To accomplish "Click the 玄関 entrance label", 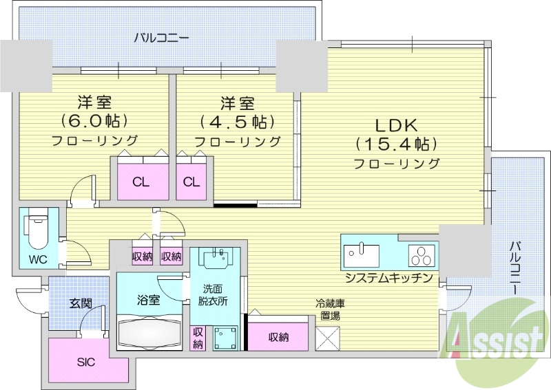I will (80, 302).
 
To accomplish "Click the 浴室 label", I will (149, 300).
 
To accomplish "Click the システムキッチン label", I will (389, 278).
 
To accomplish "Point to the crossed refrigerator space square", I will (328, 338).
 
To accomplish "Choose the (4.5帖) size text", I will (237, 122).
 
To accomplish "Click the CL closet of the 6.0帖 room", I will (141, 182).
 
